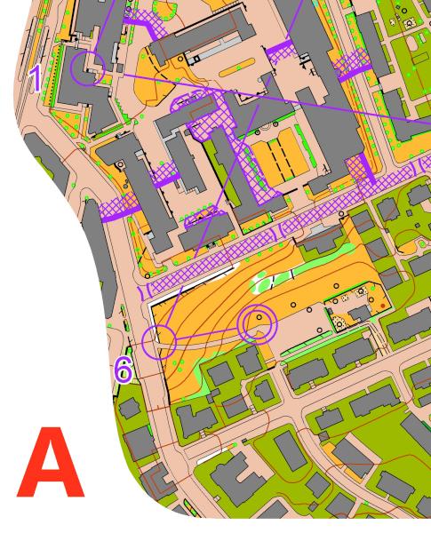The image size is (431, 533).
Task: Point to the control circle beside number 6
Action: point(159,340)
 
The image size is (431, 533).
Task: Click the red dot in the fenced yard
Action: point(382,306)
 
